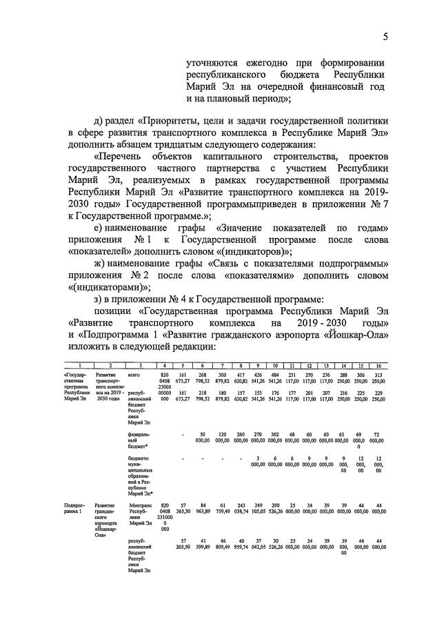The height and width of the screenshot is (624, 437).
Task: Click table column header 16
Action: [378, 364]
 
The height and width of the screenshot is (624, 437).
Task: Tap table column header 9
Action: [256, 364]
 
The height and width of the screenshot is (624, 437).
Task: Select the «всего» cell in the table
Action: [134, 373]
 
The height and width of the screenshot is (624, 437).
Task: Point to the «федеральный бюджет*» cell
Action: [139, 442]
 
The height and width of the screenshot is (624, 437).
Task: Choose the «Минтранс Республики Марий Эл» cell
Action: [140, 512]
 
